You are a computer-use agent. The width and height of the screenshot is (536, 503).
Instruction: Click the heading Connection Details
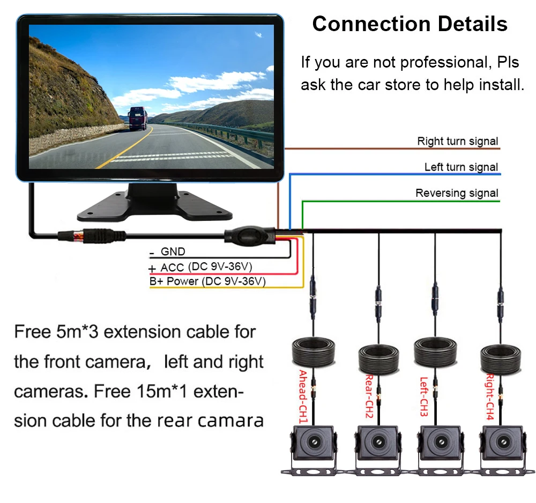[x=410, y=24]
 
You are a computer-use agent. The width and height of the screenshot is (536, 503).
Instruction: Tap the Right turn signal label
[x=458, y=142]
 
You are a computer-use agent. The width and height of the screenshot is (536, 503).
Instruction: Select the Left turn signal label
[x=461, y=167]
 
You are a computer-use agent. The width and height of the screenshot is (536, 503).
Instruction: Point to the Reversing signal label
[x=457, y=193]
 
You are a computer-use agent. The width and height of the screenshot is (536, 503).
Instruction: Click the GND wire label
[x=173, y=251]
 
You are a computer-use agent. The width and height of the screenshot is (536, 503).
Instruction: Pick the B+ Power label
[x=175, y=282]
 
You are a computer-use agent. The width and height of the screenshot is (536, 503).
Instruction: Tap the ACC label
[x=172, y=267]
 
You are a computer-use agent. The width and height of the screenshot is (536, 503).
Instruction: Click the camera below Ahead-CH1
[x=312, y=445]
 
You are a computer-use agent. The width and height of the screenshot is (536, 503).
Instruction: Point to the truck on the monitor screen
[x=137, y=118]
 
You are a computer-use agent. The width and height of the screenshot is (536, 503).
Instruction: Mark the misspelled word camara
[x=230, y=420]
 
